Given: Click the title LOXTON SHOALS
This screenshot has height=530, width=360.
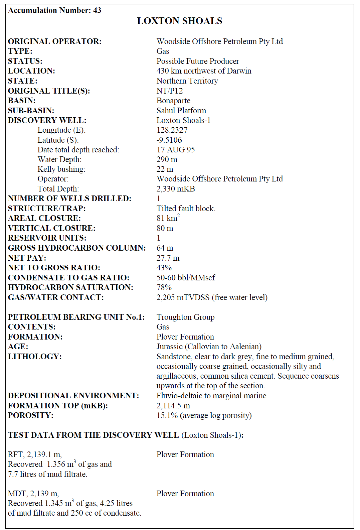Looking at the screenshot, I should coord(179,21).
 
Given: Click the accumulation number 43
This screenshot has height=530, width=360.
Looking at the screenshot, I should coord(97,10).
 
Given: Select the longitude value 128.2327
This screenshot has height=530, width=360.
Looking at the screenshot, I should coord(172,130).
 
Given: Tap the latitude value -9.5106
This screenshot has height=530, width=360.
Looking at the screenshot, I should coord(169,140).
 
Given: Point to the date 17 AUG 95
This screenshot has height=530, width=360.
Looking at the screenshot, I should coord(176,150).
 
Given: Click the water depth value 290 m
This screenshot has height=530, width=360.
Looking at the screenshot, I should coord(167,159).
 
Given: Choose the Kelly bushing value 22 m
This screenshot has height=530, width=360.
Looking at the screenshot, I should coord(165,169).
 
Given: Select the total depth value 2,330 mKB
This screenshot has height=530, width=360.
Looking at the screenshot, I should coord(176,189).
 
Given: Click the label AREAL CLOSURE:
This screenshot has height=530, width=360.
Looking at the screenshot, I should coord(44,218).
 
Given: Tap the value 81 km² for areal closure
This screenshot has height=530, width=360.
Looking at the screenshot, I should coord(168,218).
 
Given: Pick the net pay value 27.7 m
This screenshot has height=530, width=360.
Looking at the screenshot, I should coord(168,258).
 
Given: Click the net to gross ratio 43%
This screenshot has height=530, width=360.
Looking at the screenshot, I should coord(164,268).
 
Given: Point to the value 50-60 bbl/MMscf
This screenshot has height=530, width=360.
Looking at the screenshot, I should coord(186,278).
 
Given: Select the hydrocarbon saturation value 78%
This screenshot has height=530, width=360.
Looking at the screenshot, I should coord(164,287).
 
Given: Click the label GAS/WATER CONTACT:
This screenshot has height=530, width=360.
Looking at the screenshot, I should coord(56,297).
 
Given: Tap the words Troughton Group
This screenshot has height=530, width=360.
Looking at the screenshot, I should coord(185,317).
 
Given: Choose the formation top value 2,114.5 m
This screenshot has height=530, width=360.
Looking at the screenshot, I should coord(173,406).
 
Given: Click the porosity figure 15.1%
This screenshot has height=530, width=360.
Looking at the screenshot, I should coord(167,415).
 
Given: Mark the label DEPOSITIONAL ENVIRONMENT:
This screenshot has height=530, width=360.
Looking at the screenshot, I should coord(73,396).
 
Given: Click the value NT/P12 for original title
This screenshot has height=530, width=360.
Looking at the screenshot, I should coord(170,91).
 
